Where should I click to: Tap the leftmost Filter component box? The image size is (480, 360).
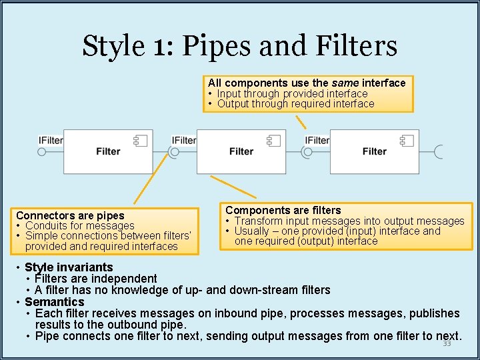coord(107,151)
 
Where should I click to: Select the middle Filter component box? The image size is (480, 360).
coord(241,151)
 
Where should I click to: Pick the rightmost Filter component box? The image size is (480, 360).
coord(374,151)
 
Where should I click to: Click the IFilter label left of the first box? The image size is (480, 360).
coord(51,140)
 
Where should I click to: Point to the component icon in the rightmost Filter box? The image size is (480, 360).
coord(407,140)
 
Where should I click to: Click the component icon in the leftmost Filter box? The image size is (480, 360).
coord(141,140)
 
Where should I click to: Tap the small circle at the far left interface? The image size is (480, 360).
coord(41,152)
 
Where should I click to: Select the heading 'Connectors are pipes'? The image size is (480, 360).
coord(70,215)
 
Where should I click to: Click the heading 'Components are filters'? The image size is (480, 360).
coord(283,210)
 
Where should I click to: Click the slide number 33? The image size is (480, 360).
coord(447,344)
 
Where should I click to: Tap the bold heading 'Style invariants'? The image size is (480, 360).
coord(69,267)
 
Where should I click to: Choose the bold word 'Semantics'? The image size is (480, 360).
coord(54,302)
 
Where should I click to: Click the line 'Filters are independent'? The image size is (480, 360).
coord(96,279)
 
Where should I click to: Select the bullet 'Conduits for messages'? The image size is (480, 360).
coord(79,225)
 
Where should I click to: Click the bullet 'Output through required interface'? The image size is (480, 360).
coord(295,103)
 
